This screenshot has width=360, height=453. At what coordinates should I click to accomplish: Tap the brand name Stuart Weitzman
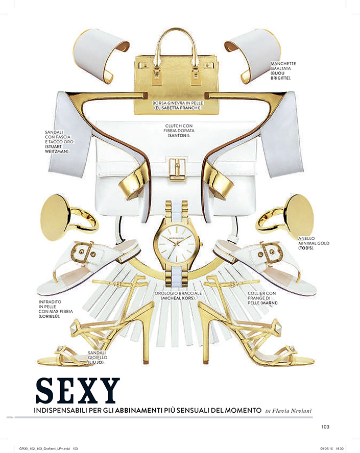pos(56,149)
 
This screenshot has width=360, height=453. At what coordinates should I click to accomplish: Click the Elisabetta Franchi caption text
pos(177,108)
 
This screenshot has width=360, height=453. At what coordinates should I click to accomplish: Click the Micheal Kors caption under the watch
pos(179,298)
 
